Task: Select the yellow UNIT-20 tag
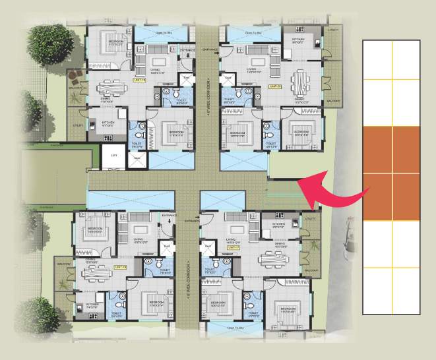(x=276, y=86)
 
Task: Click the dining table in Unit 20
(x=301, y=82)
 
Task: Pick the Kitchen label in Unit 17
(x=278, y=224)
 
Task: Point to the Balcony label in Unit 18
(x=65, y=264)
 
